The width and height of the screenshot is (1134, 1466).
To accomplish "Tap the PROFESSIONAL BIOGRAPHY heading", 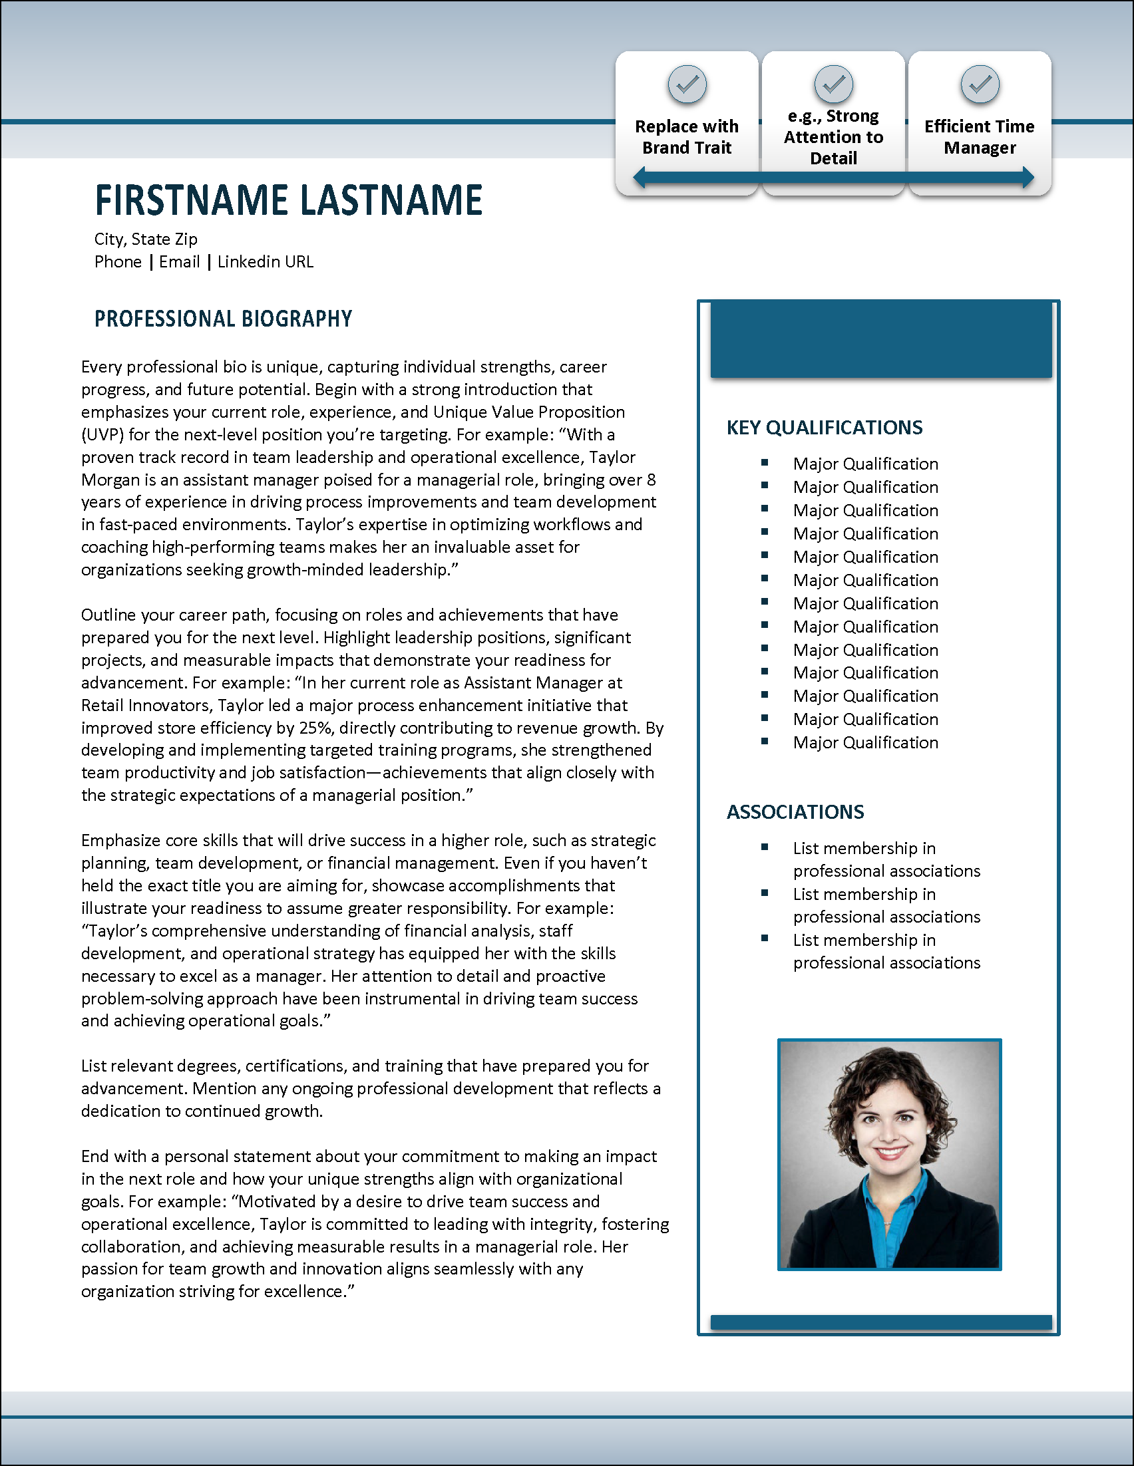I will click(223, 319).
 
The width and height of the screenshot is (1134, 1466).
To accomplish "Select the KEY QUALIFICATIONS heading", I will click(825, 428).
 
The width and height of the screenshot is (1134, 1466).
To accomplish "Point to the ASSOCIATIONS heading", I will click(795, 812).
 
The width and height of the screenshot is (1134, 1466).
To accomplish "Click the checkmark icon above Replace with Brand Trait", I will click(687, 84).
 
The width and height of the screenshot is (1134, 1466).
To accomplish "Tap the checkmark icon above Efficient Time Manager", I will click(980, 84).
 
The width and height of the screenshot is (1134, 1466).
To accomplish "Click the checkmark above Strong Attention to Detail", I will click(833, 84).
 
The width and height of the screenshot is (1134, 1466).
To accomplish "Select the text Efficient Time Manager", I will click(980, 137).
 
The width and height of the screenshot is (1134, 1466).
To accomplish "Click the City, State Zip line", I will click(146, 239).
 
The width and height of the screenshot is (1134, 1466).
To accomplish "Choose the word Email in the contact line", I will click(179, 262).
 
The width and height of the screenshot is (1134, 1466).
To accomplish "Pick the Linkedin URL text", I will click(266, 262).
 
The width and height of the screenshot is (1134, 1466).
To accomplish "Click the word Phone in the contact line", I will click(118, 262).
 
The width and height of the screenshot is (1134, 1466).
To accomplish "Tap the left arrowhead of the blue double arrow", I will click(640, 178).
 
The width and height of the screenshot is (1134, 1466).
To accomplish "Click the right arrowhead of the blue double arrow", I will click(1028, 178).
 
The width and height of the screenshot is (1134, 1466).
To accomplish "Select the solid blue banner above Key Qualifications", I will click(881, 341).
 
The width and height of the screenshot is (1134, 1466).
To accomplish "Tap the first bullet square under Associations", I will click(765, 847).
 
